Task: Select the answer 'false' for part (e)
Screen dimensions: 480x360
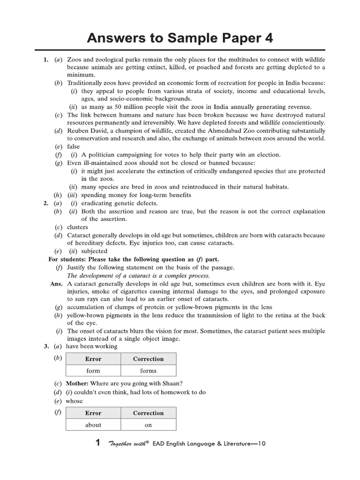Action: pos(74,146)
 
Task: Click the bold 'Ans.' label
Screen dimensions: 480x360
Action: pos(56,283)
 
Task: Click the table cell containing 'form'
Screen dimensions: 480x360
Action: pos(93,370)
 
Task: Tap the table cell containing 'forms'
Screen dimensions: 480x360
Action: pos(148,370)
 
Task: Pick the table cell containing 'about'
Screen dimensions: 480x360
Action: pos(93,425)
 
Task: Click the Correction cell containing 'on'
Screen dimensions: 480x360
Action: pos(148,425)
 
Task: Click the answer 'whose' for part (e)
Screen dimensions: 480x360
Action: pos(74,401)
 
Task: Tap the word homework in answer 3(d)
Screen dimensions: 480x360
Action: pos(169,392)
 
